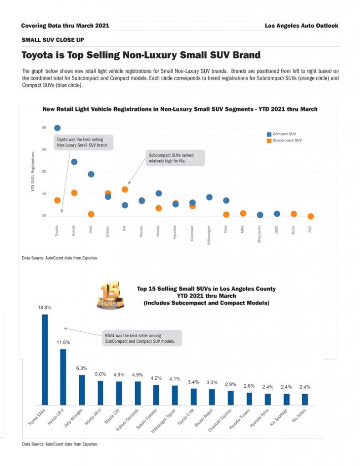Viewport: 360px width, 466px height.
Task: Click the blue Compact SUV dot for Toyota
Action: (x=57, y=128)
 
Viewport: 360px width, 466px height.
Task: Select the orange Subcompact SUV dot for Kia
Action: (x=125, y=189)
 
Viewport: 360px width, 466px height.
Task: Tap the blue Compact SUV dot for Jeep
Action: (x=91, y=174)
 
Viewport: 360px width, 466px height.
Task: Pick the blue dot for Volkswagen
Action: (x=209, y=197)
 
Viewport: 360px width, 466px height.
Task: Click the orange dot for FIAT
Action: (x=310, y=217)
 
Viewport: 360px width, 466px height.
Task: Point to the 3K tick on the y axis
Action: (x=45, y=150)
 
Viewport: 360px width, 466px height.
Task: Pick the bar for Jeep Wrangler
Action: (x=82, y=390)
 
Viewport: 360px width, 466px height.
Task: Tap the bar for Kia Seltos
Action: (x=305, y=399)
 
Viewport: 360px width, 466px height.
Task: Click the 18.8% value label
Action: (x=45, y=308)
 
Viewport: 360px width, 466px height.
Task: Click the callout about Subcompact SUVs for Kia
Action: (x=176, y=158)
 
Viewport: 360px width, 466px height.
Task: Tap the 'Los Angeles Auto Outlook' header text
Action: (x=301, y=26)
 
